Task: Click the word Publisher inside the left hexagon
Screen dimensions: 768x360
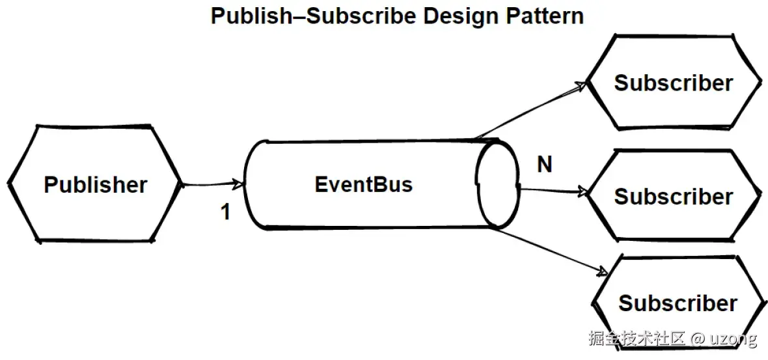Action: click(x=96, y=185)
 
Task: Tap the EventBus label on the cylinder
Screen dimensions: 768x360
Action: click(x=363, y=185)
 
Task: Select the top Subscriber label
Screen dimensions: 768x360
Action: click(x=674, y=83)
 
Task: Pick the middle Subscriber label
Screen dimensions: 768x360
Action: click(x=674, y=197)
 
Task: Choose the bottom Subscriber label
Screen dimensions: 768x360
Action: click(x=678, y=303)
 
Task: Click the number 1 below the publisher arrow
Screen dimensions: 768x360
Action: click(x=225, y=212)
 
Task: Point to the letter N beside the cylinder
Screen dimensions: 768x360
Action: click(x=545, y=165)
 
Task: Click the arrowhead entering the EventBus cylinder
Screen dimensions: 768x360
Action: click(x=238, y=184)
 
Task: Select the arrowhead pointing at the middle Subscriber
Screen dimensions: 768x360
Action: click(x=581, y=191)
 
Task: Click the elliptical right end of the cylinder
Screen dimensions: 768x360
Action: click(x=498, y=185)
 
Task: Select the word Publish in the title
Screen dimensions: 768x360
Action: click(x=251, y=16)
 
